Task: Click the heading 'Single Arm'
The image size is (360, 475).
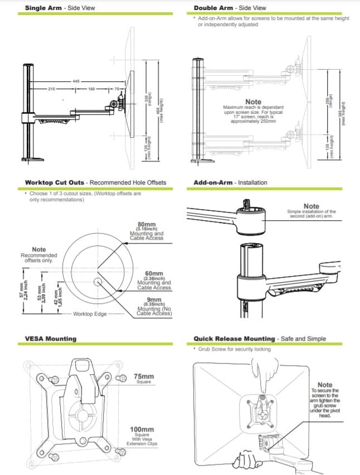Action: click(x=43, y=8)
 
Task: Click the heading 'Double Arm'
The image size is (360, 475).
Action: click(x=212, y=8)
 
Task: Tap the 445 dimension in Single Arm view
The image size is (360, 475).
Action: click(x=75, y=81)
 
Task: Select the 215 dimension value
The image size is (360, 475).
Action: click(x=51, y=89)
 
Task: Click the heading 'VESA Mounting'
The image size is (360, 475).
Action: click(x=51, y=338)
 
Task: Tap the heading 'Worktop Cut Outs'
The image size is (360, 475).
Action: click(x=56, y=182)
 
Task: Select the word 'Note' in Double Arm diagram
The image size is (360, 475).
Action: click(x=253, y=102)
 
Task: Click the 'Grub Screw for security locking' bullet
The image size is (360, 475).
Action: click(x=234, y=349)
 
